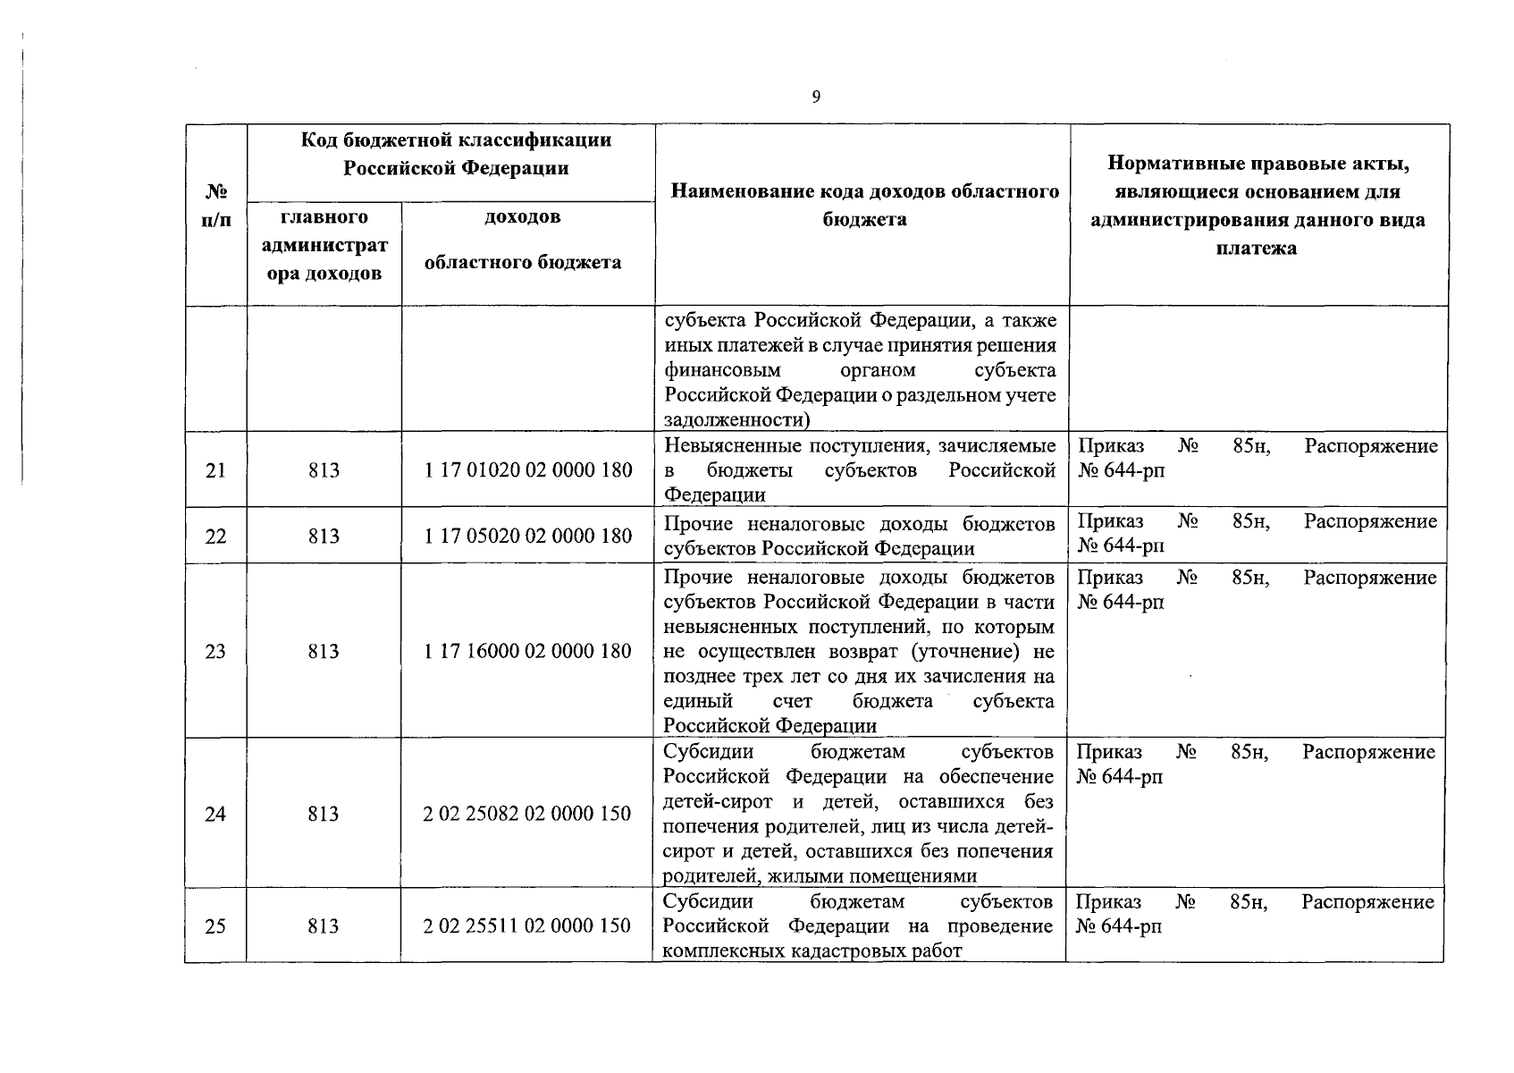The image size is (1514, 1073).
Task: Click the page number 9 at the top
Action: (x=815, y=97)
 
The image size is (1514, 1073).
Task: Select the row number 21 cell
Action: (x=215, y=470)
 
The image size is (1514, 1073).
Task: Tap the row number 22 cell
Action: (x=215, y=536)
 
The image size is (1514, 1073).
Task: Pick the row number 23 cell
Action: (x=215, y=651)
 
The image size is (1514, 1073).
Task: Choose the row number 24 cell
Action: (x=215, y=814)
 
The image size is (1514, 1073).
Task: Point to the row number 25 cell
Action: (x=215, y=925)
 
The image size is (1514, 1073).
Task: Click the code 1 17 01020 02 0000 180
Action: (x=528, y=470)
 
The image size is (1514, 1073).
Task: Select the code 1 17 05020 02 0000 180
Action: (x=528, y=536)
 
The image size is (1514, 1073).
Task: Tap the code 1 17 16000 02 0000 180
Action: (x=528, y=651)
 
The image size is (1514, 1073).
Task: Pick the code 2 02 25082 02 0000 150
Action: (x=527, y=814)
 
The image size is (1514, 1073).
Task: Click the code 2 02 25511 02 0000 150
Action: (x=527, y=925)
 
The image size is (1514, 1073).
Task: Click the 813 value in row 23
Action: (x=324, y=651)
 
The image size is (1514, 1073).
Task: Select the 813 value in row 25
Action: (x=324, y=925)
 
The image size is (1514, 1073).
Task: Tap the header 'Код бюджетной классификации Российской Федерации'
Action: (x=456, y=154)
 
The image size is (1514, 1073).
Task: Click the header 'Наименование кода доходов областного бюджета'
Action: (x=864, y=205)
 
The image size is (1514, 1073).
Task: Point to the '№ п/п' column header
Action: (x=215, y=207)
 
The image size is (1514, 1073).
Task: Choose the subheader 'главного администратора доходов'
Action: (x=324, y=245)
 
